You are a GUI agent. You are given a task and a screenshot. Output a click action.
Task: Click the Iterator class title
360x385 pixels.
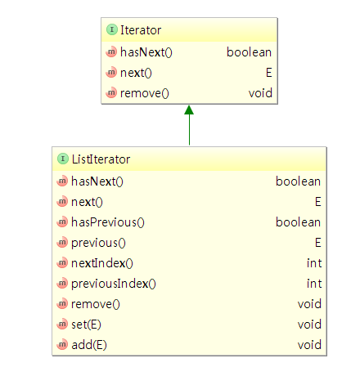click(141, 30)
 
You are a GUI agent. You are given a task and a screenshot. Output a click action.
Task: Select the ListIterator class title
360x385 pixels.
click(101, 159)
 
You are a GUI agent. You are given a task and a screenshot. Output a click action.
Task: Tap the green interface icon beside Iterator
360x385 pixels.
click(112, 29)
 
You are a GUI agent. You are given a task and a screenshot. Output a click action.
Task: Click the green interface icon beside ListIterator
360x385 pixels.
click(63, 159)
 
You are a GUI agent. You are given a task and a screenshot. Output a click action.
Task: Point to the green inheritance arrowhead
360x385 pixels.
click(189, 110)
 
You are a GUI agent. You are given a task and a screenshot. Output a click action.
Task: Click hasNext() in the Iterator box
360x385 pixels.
click(146, 52)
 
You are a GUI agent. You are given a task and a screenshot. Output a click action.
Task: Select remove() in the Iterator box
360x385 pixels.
click(145, 93)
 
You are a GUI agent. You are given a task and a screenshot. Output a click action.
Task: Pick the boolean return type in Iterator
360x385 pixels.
click(249, 52)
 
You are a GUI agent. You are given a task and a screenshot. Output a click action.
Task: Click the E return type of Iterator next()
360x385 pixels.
click(269, 73)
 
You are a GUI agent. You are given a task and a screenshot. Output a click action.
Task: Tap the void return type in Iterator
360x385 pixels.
click(260, 93)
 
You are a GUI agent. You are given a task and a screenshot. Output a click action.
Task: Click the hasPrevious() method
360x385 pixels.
click(108, 222)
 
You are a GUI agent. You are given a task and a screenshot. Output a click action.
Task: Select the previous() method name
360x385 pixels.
click(98, 243)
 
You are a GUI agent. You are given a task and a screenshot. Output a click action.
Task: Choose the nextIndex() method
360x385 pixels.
click(102, 263)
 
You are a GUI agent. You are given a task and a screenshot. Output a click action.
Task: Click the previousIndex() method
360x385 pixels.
click(114, 284)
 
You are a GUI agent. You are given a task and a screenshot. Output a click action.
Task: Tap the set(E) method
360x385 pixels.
click(86, 325)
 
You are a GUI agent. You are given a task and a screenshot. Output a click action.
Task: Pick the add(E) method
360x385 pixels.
click(89, 345)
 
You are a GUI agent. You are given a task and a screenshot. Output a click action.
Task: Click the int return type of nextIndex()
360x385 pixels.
click(314, 263)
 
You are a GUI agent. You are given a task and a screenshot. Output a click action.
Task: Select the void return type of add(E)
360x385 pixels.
click(309, 345)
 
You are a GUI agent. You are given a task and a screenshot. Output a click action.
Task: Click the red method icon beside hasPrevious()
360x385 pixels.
click(62, 222)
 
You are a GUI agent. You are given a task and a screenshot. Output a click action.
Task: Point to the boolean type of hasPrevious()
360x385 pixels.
click(298, 222)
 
